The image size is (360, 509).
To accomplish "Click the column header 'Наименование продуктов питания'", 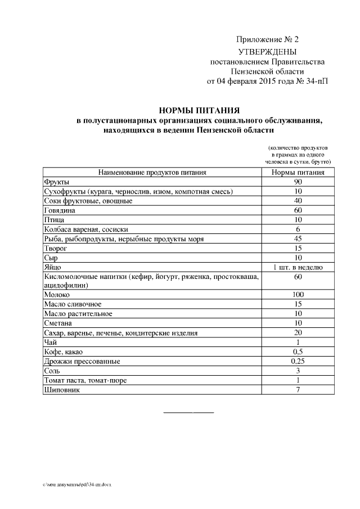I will click(x=152, y=173).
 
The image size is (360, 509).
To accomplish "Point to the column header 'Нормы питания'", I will click(x=298, y=173).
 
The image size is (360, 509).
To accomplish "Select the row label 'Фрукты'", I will click(x=56, y=182).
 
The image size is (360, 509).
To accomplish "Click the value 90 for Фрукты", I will click(x=298, y=182).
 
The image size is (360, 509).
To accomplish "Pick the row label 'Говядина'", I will click(x=60, y=210).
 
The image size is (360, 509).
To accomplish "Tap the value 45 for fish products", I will click(x=298, y=238).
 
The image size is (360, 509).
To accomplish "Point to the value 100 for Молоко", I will click(x=298, y=295).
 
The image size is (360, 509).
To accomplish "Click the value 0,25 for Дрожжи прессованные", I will click(x=298, y=361).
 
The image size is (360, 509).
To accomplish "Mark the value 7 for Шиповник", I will click(x=298, y=390).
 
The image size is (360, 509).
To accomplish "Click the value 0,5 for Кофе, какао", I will click(x=298, y=352).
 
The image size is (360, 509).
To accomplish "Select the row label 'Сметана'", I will click(x=58, y=323).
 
